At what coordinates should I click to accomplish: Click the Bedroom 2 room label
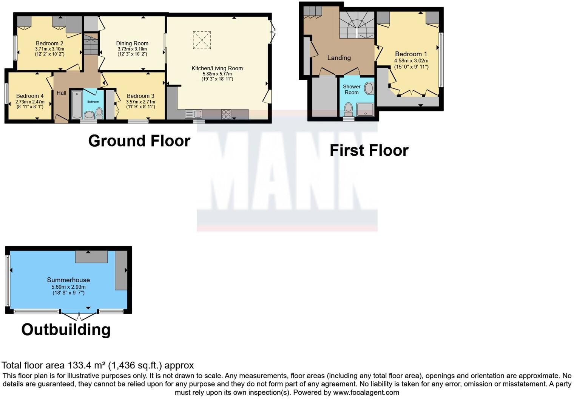(49, 43)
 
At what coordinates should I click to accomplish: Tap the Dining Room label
(132, 43)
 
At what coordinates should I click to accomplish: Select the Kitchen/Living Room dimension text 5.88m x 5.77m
(217, 74)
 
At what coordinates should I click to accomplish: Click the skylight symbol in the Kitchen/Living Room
(202, 40)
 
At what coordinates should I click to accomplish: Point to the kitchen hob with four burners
(226, 114)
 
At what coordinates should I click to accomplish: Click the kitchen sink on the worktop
(193, 114)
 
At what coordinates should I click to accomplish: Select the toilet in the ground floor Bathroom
(99, 112)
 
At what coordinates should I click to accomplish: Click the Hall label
(61, 93)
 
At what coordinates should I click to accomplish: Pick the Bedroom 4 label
(30, 96)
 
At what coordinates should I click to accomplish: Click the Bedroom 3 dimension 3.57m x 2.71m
(140, 102)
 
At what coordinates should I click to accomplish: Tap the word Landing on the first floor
(339, 58)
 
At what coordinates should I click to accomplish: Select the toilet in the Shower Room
(349, 109)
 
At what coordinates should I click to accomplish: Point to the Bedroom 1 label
(411, 54)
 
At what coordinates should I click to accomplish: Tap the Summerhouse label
(68, 280)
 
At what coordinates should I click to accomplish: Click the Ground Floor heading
(139, 141)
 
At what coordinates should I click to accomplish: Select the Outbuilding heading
(66, 329)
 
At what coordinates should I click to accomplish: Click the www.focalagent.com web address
(366, 392)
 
